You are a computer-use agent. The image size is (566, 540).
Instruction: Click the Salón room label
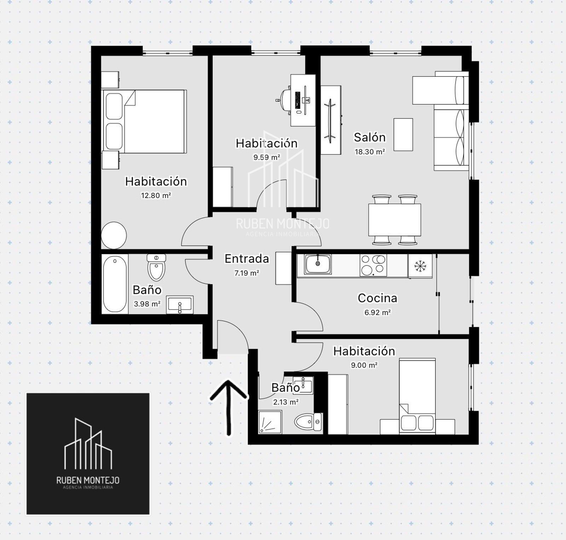(x=370, y=137)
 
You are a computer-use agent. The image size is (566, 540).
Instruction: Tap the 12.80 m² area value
(x=156, y=195)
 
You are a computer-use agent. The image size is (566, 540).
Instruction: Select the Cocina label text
(x=377, y=298)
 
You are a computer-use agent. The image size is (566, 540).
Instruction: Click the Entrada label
(x=247, y=259)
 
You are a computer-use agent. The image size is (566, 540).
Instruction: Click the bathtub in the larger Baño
(x=115, y=284)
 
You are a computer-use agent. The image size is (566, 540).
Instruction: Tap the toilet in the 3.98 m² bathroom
(x=156, y=267)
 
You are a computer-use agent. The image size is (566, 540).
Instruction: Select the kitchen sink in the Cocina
(x=318, y=264)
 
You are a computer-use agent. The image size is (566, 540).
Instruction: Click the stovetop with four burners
(x=373, y=265)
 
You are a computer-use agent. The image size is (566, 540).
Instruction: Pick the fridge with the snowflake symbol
(x=420, y=266)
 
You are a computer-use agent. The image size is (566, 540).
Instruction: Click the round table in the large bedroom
(x=114, y=236)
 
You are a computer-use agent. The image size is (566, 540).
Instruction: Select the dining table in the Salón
(x=394, y=220)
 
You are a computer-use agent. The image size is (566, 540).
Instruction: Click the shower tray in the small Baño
(x=270, y=422)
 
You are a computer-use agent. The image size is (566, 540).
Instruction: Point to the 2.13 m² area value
(x=286, y=402)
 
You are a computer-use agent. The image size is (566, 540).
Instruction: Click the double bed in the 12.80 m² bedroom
(x=144, y=121)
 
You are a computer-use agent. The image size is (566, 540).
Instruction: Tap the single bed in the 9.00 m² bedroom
(x=417, y=396)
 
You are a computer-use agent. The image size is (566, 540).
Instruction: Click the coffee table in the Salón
(x=403, y=135)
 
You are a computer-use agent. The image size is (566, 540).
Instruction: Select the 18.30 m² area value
(x=370, y=152)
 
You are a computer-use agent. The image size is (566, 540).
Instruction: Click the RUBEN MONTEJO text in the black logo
(x=88, y=480)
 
